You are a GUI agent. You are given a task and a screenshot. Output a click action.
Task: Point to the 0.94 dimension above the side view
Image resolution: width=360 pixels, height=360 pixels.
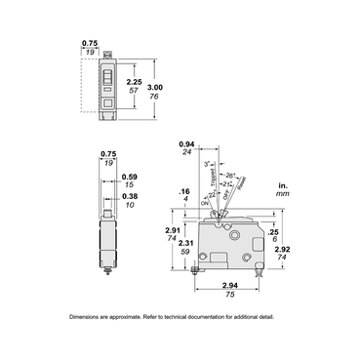[187, 142]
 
